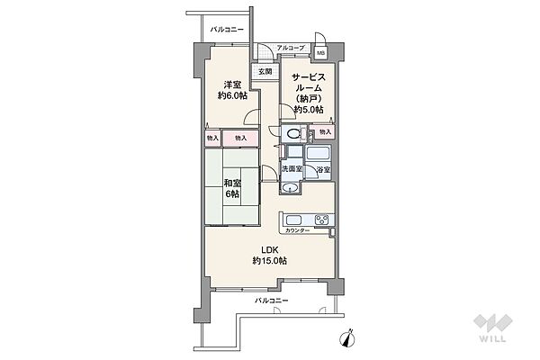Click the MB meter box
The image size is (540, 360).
pyautogui.click(x=320, y=53)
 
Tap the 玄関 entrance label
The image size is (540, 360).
pyautogui.click(x=265, y=72)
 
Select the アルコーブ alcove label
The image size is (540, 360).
pyautogui.click(x=291, y=48)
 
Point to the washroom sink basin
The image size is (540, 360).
pyautogui.click(x=290, y=188)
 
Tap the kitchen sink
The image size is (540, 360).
pyautogui.click(x=294, y=220)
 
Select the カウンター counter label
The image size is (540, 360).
pyautogui.click(x=297, y=230)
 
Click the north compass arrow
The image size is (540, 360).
pyautogui.click(x=348, y=337)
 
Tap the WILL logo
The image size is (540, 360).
pyautogui.click(x=493, y=328)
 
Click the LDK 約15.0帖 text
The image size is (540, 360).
pyautogui.click(x=270, y=256)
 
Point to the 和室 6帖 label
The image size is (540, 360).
pyautogui.click(x=232, y=188)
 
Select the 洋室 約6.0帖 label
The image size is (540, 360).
pyautogui.click(x=232, y=90)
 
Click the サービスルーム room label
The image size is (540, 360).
pyautogui.click(x=309, y=93)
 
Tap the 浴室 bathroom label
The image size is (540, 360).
pyautogui.click(x=324, y=169)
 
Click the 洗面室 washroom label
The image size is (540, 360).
pyautogui.click(x=292, y=169)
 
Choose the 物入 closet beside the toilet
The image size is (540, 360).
pyautogui.click(x=325, y=131)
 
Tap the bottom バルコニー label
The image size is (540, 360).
pyautogui.click(x=272, y=301)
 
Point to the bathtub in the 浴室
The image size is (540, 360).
pyautogui.click(x=319, y=154)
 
